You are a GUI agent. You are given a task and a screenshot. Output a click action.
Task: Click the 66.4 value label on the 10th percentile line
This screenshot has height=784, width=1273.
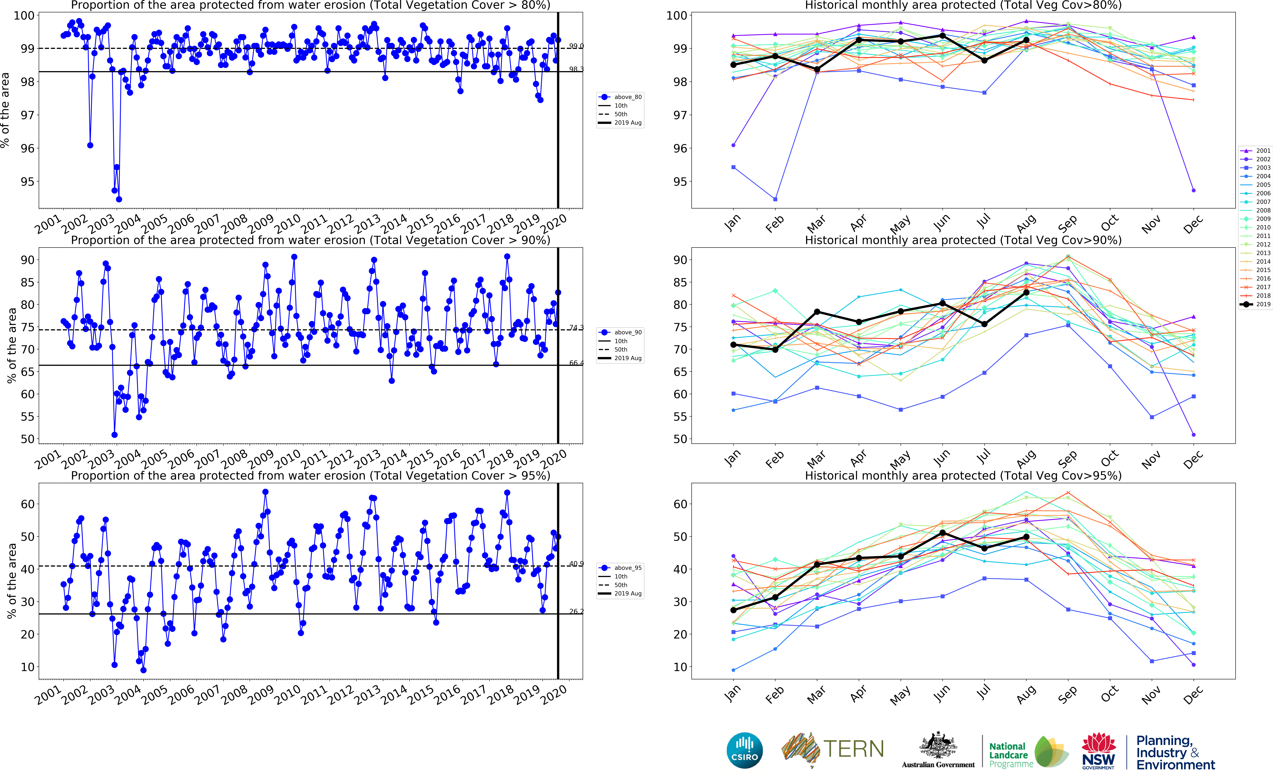576,363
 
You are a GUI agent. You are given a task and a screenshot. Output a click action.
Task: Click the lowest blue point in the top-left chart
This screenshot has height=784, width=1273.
119,199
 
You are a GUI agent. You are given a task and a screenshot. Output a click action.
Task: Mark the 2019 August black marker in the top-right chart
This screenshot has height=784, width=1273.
1026,40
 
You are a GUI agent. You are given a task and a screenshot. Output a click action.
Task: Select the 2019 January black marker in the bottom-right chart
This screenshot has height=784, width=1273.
733,610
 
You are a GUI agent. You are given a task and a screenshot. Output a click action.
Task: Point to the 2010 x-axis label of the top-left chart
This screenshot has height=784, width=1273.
287,225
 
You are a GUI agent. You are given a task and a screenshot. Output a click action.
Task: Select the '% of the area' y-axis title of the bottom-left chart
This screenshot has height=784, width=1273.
11,581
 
